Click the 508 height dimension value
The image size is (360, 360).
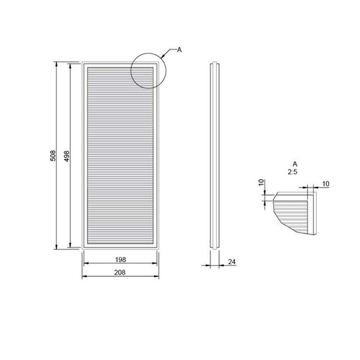tap(54, 155)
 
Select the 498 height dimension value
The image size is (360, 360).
tap(66, 155)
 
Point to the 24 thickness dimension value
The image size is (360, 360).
tap(232, 261)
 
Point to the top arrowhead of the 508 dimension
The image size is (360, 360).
tap(57, 63)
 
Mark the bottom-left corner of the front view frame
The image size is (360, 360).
tap(83, 248)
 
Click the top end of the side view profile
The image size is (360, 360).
tap(215, 63)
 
